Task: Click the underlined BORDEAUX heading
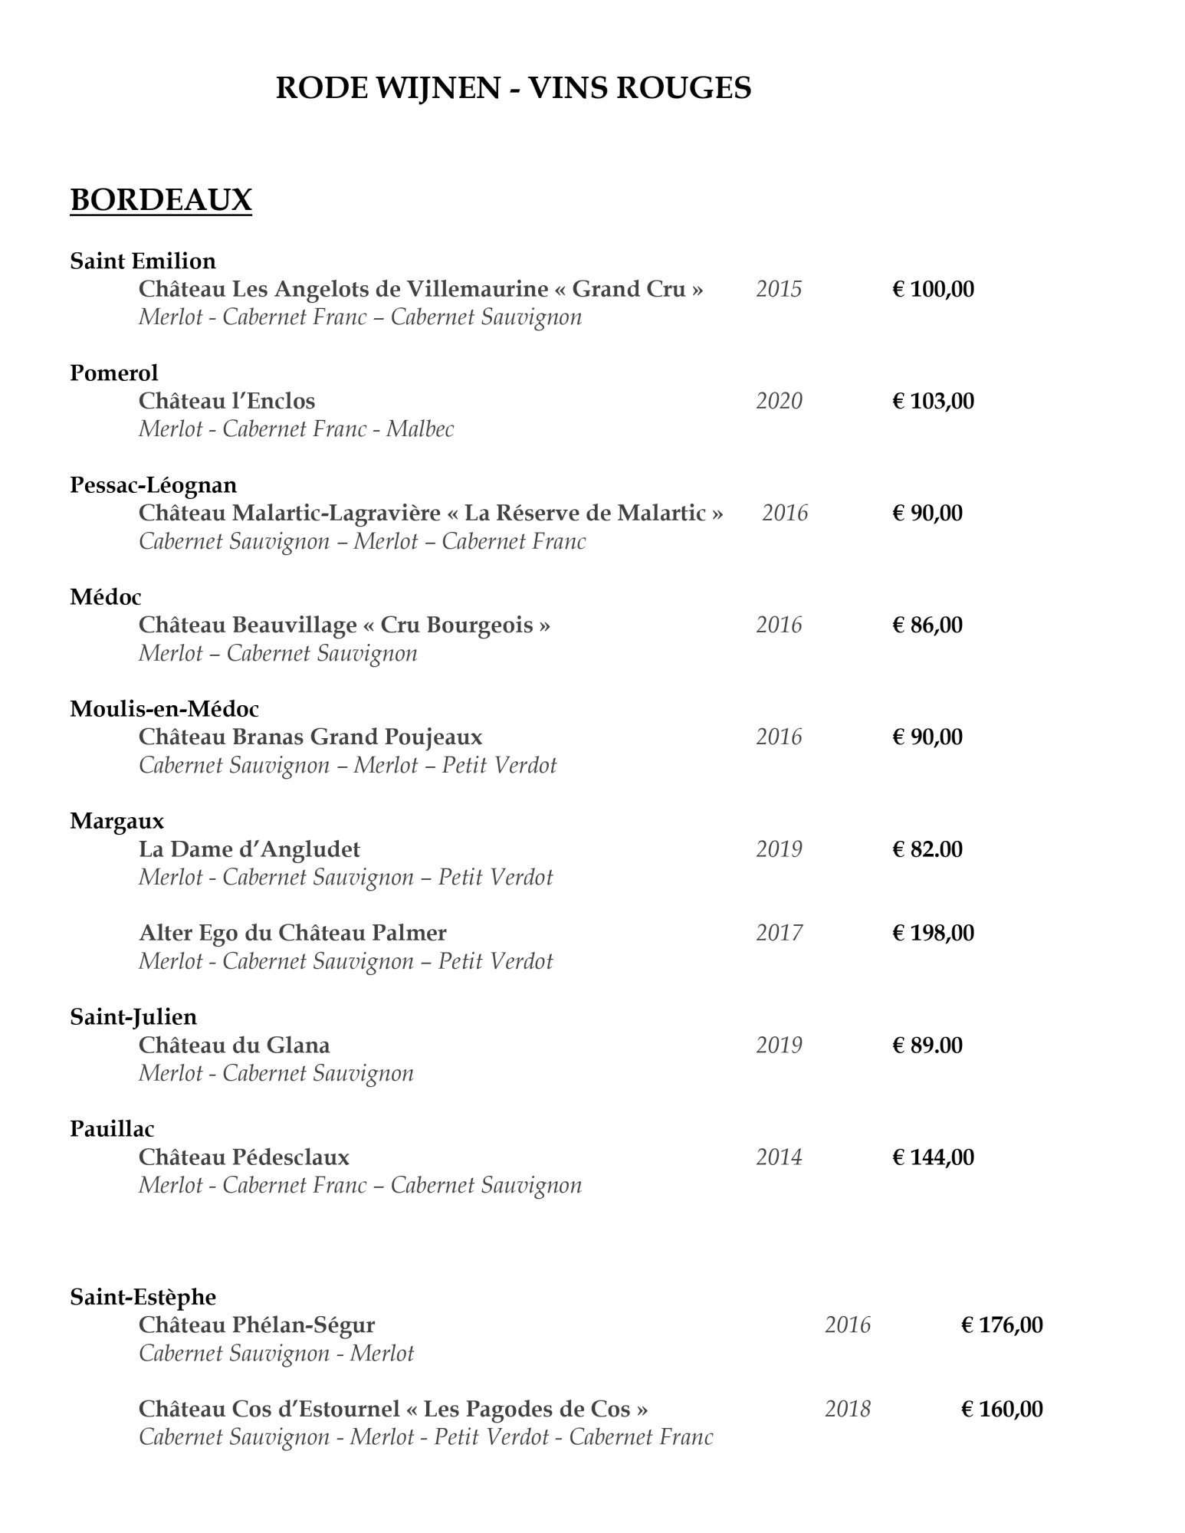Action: click(161, 200)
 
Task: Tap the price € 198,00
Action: click(933, 933)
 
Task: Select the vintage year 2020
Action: click(779, 401)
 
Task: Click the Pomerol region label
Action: click(113, 373)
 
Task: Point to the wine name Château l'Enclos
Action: click(227, 401)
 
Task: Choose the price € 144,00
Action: click(933, 1157)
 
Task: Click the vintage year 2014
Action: click(779, 1157)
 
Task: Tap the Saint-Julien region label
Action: click(133, 1017)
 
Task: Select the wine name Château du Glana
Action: click(234, 1045)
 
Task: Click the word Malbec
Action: click(420, 429)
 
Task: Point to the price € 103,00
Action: click(933, 401)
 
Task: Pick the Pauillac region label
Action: click(112, 1129)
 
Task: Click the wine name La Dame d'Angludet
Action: click(249, 849)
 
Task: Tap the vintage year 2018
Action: click(848, 1409)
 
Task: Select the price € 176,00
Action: click(1002, 1325)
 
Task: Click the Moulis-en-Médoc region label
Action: click(164, 709)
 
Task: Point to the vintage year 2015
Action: click(779, 289)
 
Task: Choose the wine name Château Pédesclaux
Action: click(244, 1157)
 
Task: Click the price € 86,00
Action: click(927, 625)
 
